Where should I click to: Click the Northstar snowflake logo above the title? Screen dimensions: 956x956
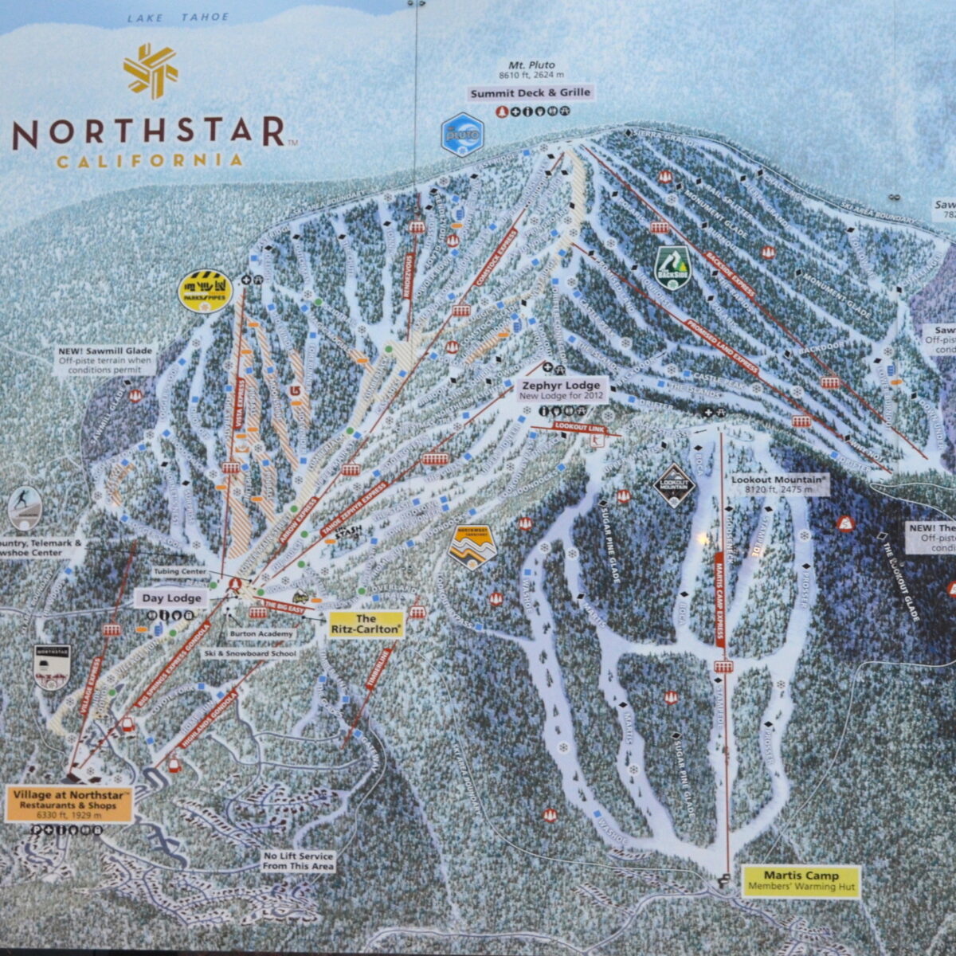150,70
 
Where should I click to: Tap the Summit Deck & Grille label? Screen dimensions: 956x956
530,93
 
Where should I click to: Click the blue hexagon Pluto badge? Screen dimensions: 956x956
463,135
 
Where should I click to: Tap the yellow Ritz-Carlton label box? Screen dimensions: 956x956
366,624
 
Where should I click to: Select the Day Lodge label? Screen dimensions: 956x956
172,598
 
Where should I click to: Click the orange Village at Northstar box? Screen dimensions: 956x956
69,805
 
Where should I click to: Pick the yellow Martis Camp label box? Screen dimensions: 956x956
801,880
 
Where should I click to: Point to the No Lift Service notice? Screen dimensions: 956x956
299,861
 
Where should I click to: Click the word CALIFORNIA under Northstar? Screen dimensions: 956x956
150,161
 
